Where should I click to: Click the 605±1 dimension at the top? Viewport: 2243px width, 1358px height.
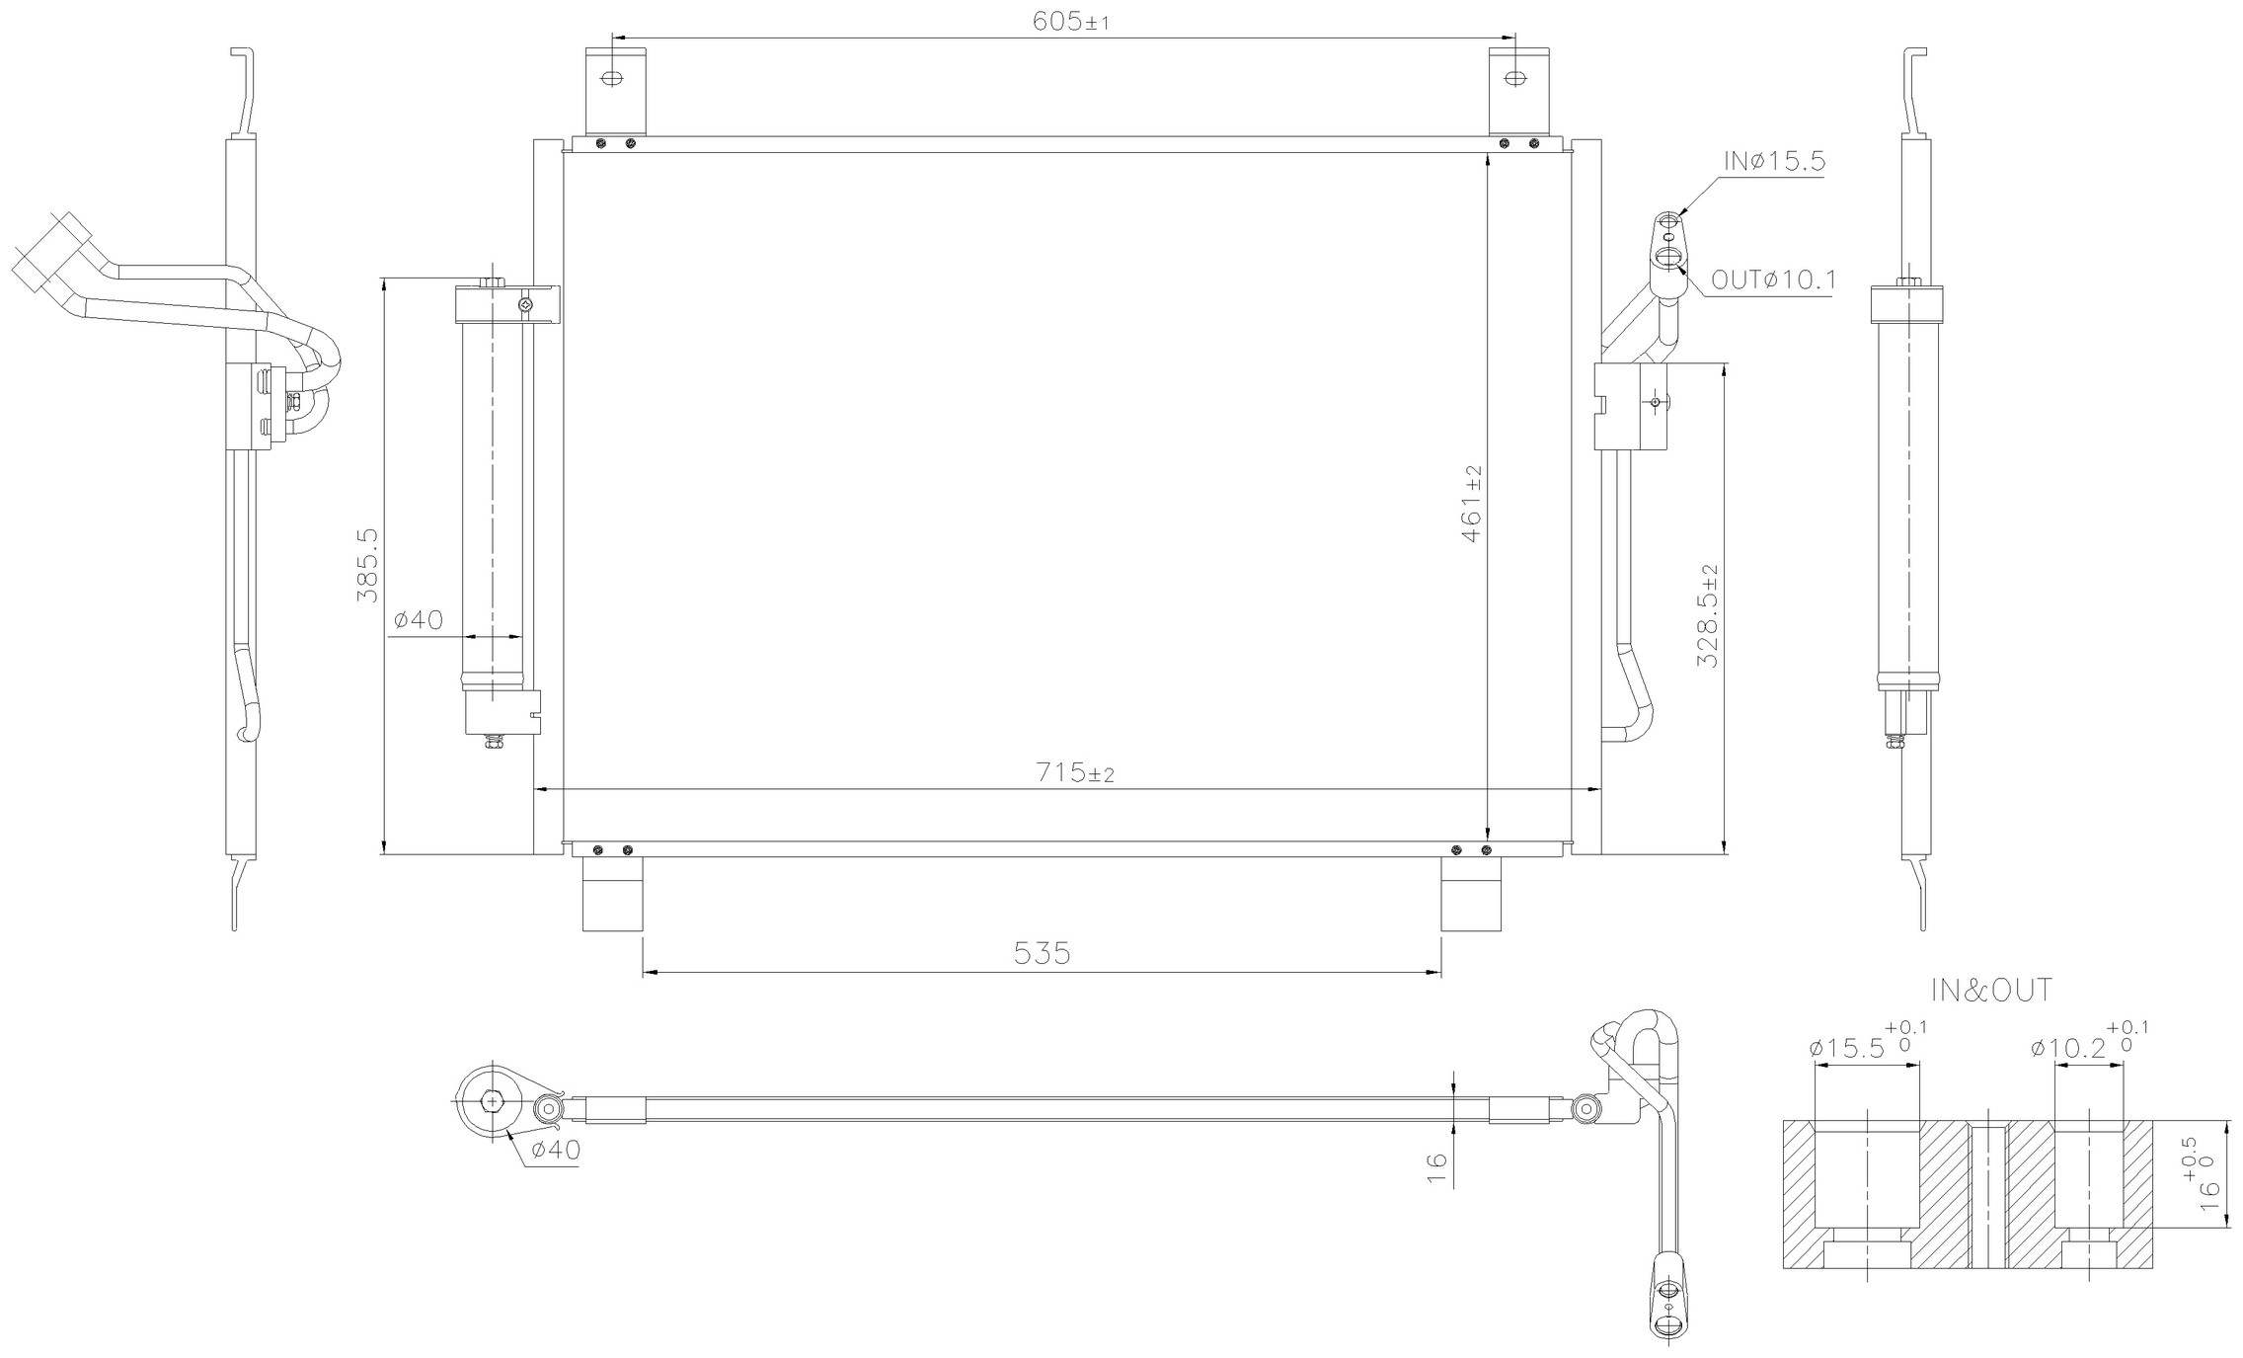1070,22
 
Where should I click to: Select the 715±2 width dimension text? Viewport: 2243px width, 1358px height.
1074,772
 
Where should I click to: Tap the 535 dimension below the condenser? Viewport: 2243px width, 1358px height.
1042,953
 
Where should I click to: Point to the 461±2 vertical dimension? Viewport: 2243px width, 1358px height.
1471,504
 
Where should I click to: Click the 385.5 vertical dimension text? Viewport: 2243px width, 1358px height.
366,565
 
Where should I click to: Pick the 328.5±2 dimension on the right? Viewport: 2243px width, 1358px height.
1708,616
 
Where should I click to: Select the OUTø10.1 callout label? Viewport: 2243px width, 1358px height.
1773,280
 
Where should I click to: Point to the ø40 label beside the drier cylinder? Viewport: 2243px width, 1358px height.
419,620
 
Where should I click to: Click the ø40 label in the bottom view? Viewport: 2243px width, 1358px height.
555,1150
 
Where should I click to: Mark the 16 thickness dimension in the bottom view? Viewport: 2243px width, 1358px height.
1437,1168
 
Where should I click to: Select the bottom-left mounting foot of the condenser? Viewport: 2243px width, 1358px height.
612,894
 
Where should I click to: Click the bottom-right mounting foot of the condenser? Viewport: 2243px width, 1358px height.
1470,894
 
